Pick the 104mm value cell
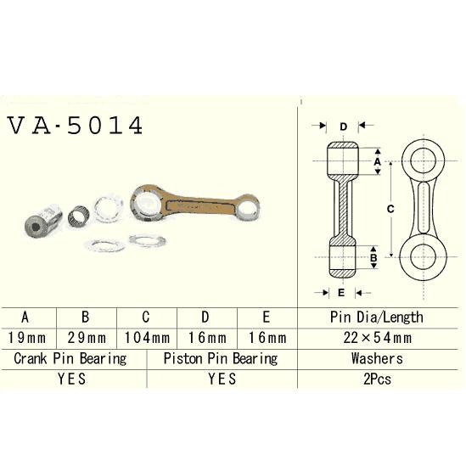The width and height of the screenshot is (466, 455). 146,337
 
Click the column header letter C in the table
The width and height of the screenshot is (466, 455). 146,317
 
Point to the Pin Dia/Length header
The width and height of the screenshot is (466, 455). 376,317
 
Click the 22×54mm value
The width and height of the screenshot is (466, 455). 376,337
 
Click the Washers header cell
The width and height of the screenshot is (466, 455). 376,357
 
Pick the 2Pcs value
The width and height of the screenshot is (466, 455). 376,379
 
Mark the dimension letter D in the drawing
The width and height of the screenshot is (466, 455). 343,127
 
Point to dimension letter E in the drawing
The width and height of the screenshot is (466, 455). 340,293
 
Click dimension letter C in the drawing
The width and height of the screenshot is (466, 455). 389,208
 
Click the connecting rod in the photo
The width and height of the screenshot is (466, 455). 194,204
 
